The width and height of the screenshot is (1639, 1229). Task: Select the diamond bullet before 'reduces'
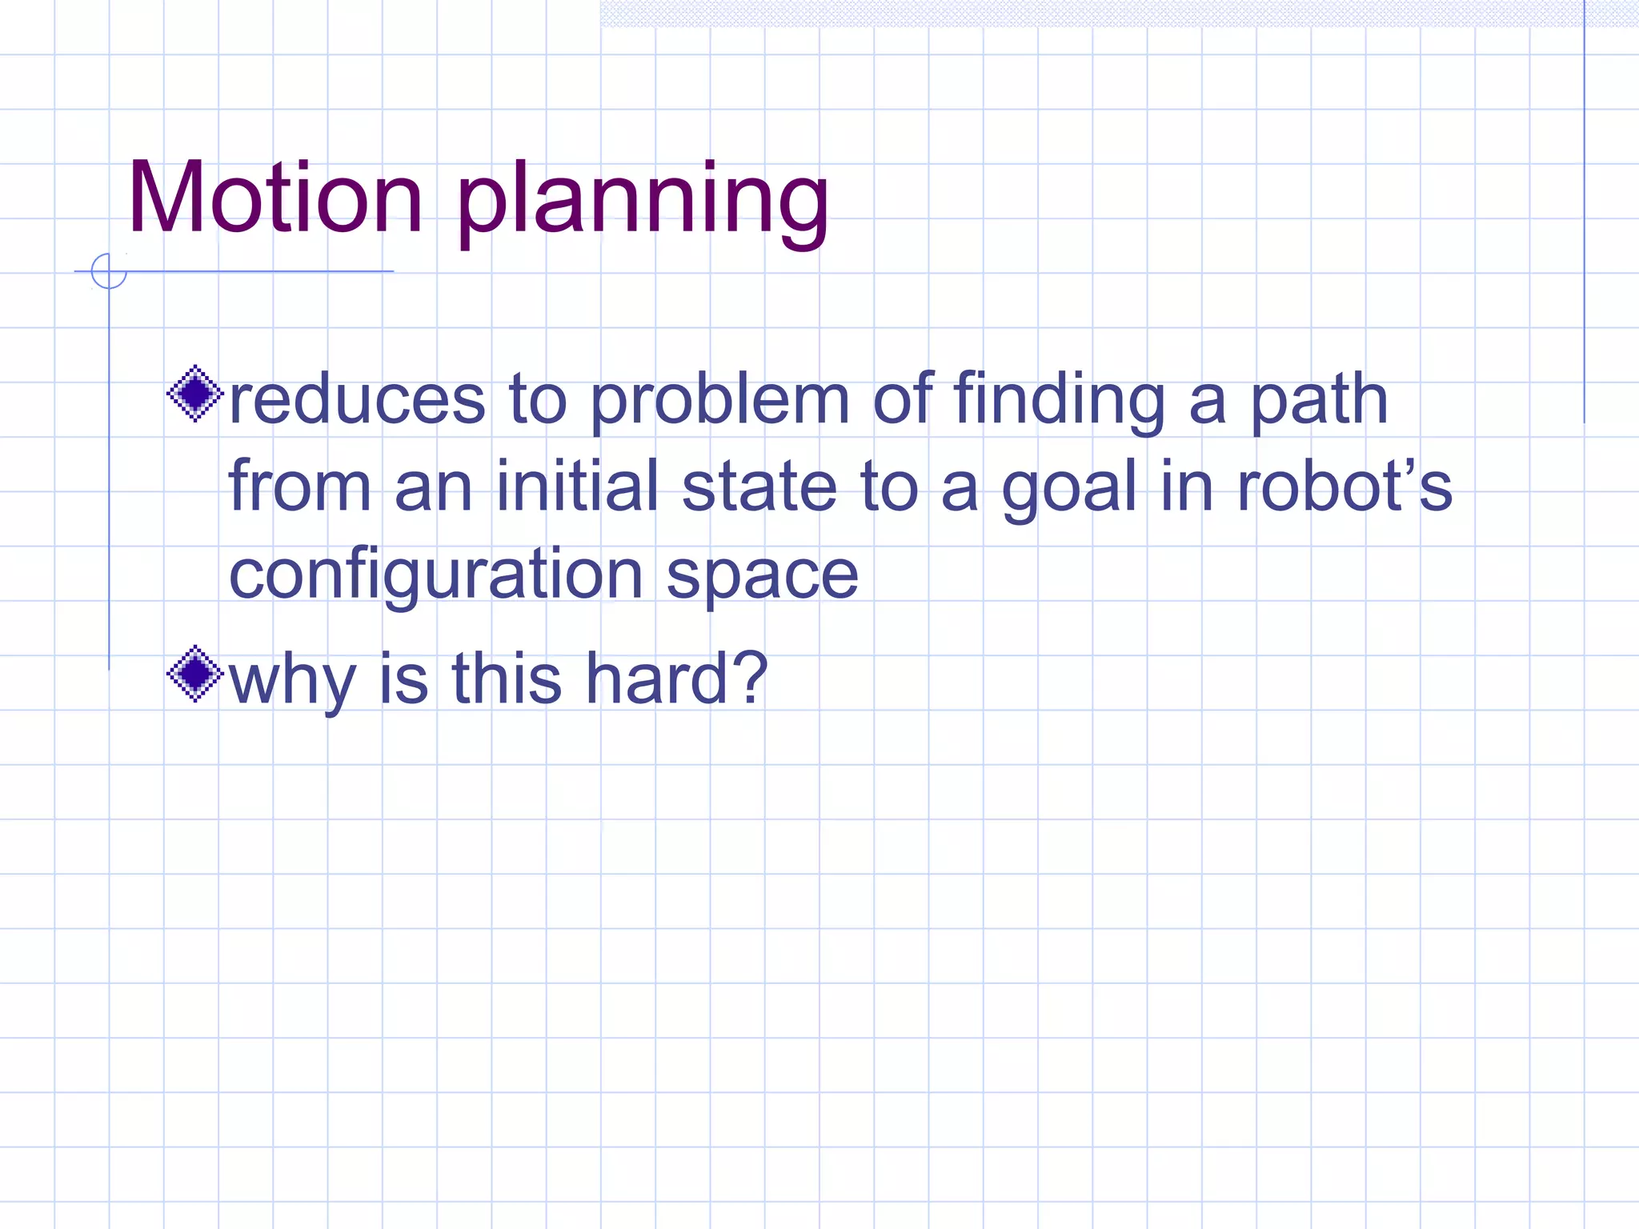[x=194, y=394]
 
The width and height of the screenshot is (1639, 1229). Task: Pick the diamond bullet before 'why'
[x=194, y=674]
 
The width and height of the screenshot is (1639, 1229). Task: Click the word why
[x=292, y=680]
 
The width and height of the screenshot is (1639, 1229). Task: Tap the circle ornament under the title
[x=109, y=271]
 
